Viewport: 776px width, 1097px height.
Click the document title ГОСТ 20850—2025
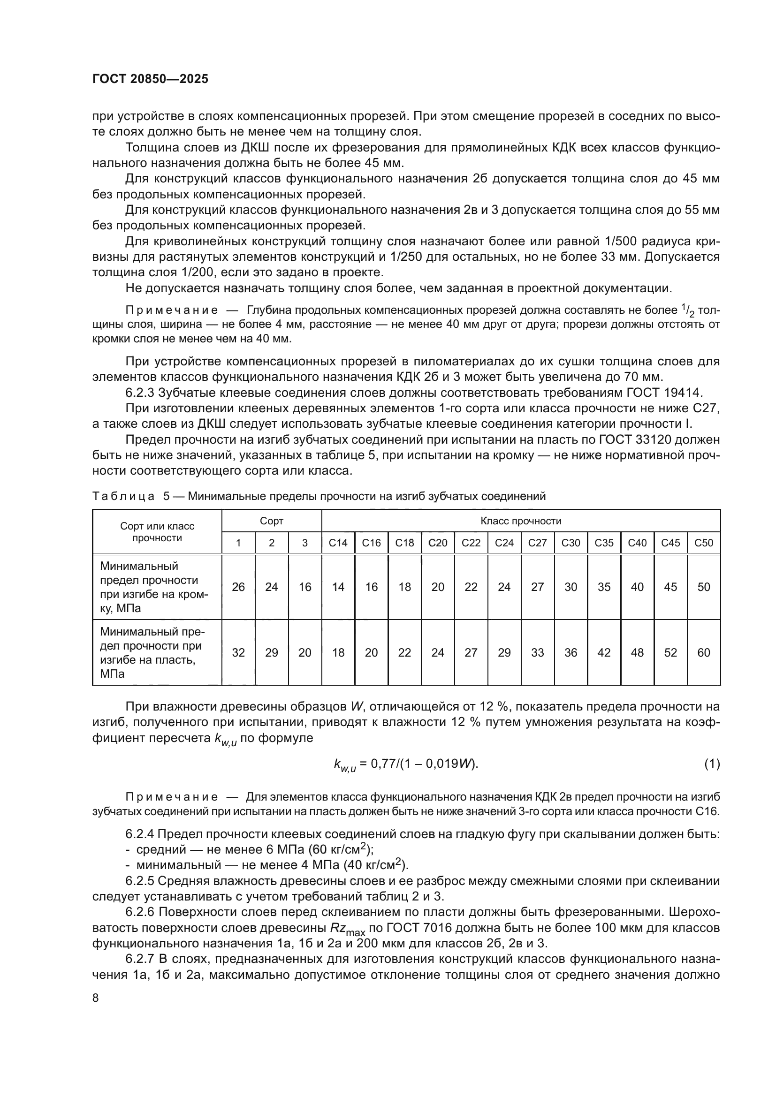click(x=150, y=79)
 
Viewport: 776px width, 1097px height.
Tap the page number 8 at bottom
click(x=96, y=998)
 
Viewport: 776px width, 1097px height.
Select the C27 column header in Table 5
click(x=538, y=543)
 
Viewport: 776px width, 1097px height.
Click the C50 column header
click(x=703, y=543)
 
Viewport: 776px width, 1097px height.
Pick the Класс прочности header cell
click(x=521, y=521)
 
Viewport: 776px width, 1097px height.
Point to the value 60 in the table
click(x=703, y=652)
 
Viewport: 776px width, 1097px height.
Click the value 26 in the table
click(x=238, y=587)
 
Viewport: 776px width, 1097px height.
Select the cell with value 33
click(x=538, y=652)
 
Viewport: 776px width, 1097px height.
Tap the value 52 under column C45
click(x=670, y=652)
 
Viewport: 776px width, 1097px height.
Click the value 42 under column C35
click(x=604, y=652)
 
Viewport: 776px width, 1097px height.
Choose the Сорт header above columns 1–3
click(x=271, y=521)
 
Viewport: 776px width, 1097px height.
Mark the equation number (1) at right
click(x=712, y=764)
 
